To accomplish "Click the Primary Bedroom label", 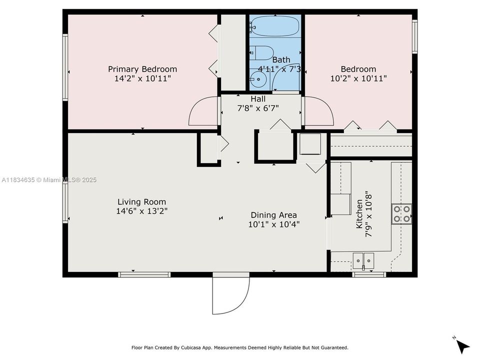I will click(x=142, y=69).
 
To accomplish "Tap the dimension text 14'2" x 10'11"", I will click(x=142, y=78).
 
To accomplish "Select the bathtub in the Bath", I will click(x=275, y=25).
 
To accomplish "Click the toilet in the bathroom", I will click(x=263, y=52).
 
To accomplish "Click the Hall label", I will click(x=258, y=99).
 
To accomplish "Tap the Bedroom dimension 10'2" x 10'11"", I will click(x=358, y=78).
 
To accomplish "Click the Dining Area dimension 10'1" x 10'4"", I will click(x=273, y=224).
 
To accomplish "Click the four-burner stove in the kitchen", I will click(x=401, y=214).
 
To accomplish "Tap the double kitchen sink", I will click(x=363, y=260).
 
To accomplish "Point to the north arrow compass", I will click(x=463, y=345).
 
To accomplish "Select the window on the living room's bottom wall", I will click(x=144, y=274).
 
